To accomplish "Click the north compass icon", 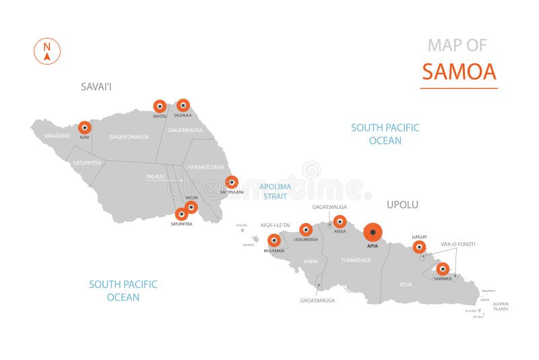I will (x=47, y=51).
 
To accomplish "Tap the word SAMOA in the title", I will (x=459, y=71).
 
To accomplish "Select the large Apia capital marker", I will (x=372, y=232).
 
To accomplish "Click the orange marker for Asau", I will (x=84, y=127).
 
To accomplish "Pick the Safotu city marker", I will (x=160, y=106).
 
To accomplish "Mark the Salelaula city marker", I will (x=183, y=105).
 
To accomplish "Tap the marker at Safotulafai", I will (x=232, y=181).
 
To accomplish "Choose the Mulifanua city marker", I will (x=274, y=240).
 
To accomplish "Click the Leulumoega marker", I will (x=306, y=229).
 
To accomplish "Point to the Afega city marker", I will (x=340, y=221).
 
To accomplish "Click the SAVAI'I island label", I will (x=95, y=86).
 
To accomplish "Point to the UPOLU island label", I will (x=402, y=204).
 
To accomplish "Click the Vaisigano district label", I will (x=57, y=136).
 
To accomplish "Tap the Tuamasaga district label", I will (x=356, y=260).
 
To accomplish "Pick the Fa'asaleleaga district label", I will (x=206, y=167).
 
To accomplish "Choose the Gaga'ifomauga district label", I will (x=129, y=137).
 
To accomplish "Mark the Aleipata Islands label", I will (x=500, y=306).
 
